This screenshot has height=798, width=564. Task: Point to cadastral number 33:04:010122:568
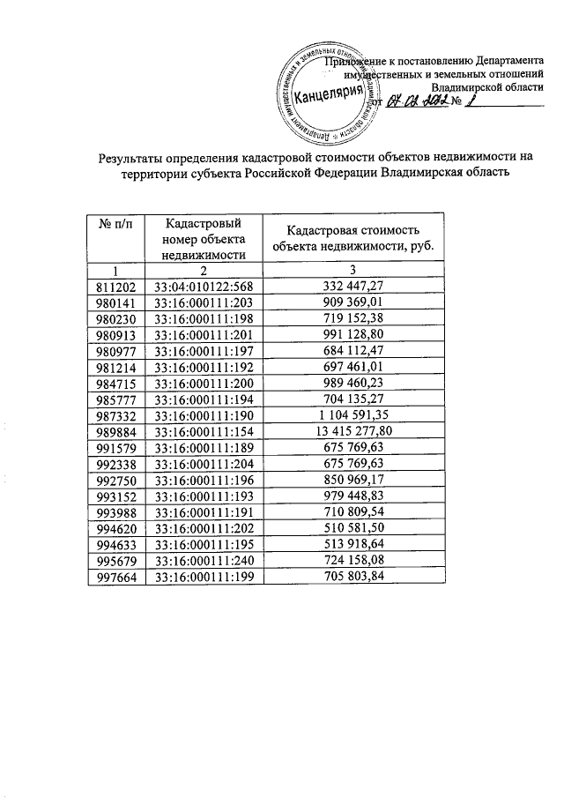click(204, 287)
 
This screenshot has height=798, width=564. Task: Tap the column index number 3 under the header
click(354, 271)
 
